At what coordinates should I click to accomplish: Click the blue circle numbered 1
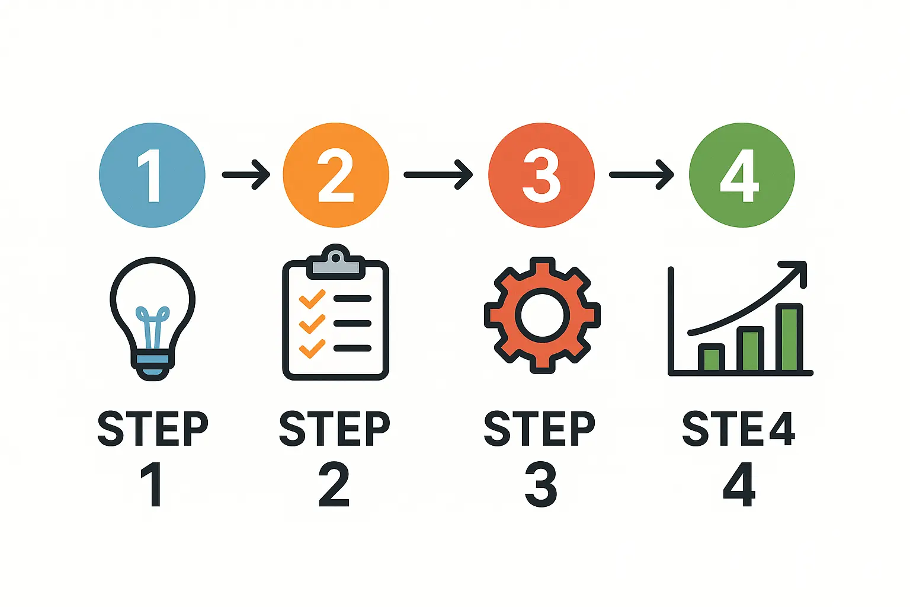tap(152, 175)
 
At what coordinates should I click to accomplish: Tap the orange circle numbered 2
tap(336, 175)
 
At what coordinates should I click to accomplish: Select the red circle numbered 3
tap(541, 175)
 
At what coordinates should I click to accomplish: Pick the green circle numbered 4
tap(741, 175)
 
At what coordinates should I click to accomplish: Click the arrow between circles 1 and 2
tap(246, 174)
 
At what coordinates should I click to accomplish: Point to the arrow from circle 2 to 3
tap(438, 174)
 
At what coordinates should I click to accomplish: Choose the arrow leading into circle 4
tap(641, 174)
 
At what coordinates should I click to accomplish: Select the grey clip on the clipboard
tap(335, 266)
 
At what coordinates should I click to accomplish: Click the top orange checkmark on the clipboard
tap(312, 298)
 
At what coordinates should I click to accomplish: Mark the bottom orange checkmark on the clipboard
tap(312, 348)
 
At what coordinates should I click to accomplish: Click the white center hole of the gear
tap(541, 315)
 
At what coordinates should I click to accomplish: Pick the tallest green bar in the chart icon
tap(789, 338)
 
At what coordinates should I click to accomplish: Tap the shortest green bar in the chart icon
tap(711, 358)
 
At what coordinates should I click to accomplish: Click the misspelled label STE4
tap(738, 429)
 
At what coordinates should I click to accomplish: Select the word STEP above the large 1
tap(153, 429)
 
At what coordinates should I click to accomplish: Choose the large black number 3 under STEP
tap(540, 485)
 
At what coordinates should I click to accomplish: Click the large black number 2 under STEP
tap(334, 485)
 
